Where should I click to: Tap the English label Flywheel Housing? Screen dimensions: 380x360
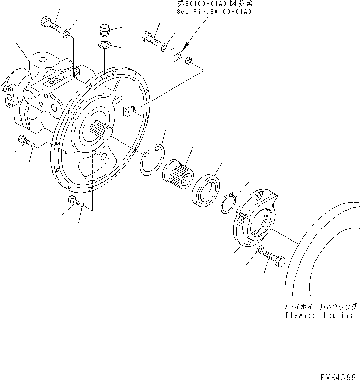318,315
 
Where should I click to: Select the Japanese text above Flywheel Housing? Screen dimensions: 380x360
317,307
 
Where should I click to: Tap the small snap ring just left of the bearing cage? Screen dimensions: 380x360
228,203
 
